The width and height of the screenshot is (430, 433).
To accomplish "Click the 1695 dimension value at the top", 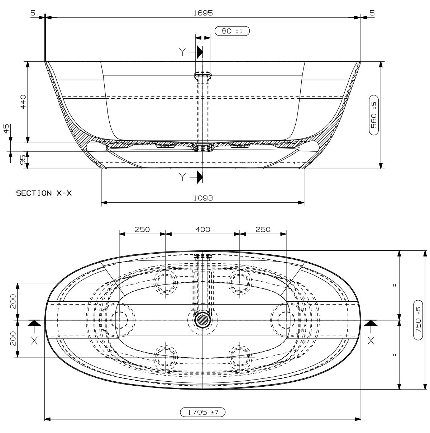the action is click(x=203, y=13).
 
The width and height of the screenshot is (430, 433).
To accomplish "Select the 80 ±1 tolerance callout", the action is click(x=232, y=31).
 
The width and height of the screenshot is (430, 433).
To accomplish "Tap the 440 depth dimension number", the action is click(x=23, y=102).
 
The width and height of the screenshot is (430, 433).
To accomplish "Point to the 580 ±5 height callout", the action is click(x=374, y=115).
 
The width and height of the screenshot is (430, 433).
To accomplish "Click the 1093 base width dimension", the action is click(x=203, y=198).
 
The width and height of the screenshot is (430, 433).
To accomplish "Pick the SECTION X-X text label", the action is click(x=44, y=193).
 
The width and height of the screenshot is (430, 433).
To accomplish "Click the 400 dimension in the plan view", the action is click(x=203, y=230).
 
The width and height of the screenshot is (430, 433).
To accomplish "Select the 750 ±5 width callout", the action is click(x=418, y=320).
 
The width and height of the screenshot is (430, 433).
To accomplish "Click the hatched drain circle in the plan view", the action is click(x=203, y=320).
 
